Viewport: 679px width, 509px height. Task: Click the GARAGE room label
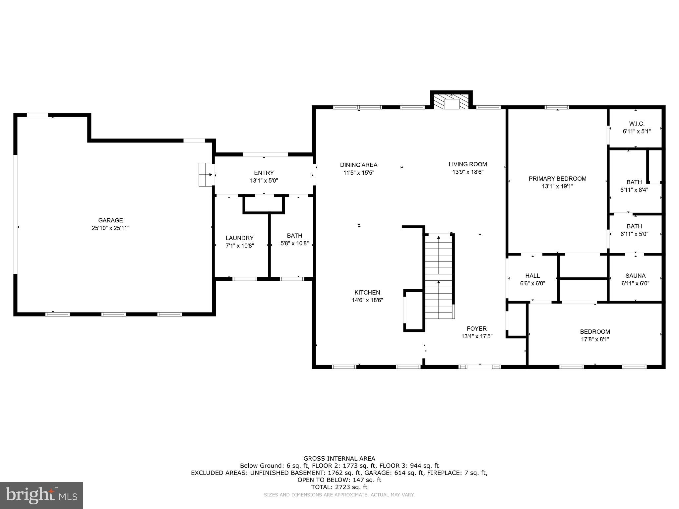110,220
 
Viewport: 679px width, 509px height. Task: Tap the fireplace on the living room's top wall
451,101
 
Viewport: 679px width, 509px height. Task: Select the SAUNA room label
635,276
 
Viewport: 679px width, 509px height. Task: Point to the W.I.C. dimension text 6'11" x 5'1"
637,131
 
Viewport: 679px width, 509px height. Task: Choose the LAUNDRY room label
239,238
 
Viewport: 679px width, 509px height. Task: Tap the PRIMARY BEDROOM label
557,179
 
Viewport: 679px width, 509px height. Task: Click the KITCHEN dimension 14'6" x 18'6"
367,300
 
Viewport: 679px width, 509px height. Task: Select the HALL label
532,276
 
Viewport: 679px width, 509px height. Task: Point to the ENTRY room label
264,173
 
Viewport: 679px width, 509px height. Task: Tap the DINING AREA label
358,165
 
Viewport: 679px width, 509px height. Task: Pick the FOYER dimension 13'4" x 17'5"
477,336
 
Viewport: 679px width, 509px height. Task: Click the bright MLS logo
41,495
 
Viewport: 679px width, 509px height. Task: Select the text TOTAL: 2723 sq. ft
339,487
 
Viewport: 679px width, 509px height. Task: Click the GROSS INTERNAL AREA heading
339,459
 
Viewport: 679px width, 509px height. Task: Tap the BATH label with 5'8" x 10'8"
294,236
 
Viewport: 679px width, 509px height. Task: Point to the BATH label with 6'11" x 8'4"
634,182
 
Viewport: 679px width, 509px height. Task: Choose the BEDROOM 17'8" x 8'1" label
595,332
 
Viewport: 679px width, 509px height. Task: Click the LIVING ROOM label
467,164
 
